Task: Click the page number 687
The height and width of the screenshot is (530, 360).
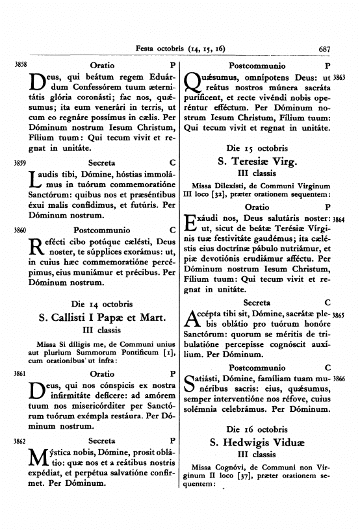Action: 326,48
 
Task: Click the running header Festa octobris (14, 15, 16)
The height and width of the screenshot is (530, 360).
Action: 179,48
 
